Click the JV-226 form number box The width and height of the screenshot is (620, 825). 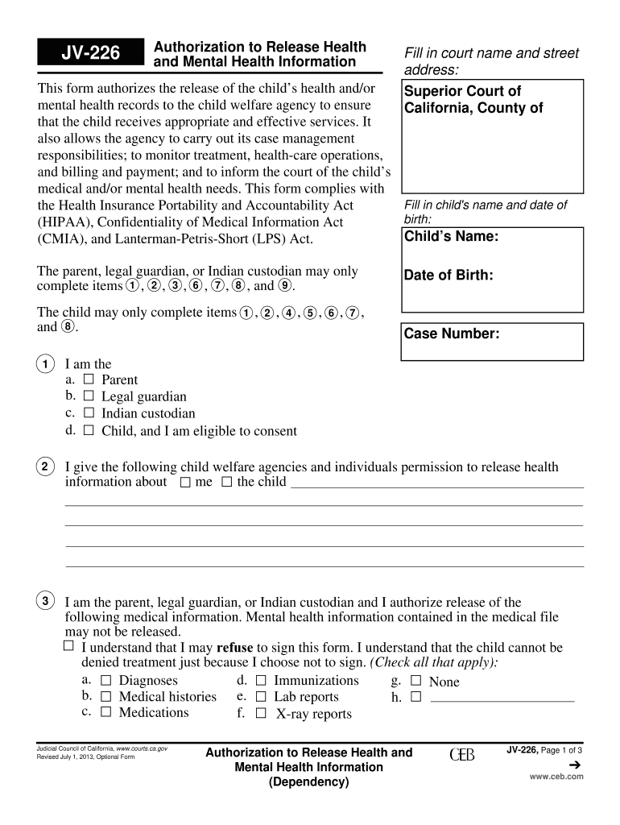[x=91, y=54]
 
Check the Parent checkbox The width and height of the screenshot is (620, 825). [x=89, y=379]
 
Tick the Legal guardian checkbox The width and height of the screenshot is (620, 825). [x=89, y=396]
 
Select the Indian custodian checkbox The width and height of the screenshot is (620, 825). [x=89, y=412]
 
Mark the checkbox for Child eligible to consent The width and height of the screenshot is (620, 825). [x=89, y=430]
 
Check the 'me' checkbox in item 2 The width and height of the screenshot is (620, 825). [x=185, y=482]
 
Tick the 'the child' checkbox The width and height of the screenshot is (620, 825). [x=226, y=482]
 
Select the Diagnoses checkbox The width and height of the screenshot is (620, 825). [x=105, y=681]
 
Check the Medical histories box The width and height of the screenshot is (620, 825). [x=105, y=696]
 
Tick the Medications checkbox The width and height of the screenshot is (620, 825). [x=105, y=712]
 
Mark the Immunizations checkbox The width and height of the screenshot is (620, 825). [x=261, y=681]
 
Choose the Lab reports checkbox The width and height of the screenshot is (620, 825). [x=261, y=696]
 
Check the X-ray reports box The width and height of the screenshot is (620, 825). [x=261, y=713]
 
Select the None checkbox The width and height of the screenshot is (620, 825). [x=415, y=681]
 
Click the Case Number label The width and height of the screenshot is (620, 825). [x=452, y=334]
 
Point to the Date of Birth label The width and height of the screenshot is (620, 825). [x=448, y=276]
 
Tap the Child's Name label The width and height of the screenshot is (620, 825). [x=451, y=237]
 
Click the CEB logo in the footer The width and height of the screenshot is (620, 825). [x=461, y=755]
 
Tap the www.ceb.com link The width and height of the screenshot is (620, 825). [x=556, y=777]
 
